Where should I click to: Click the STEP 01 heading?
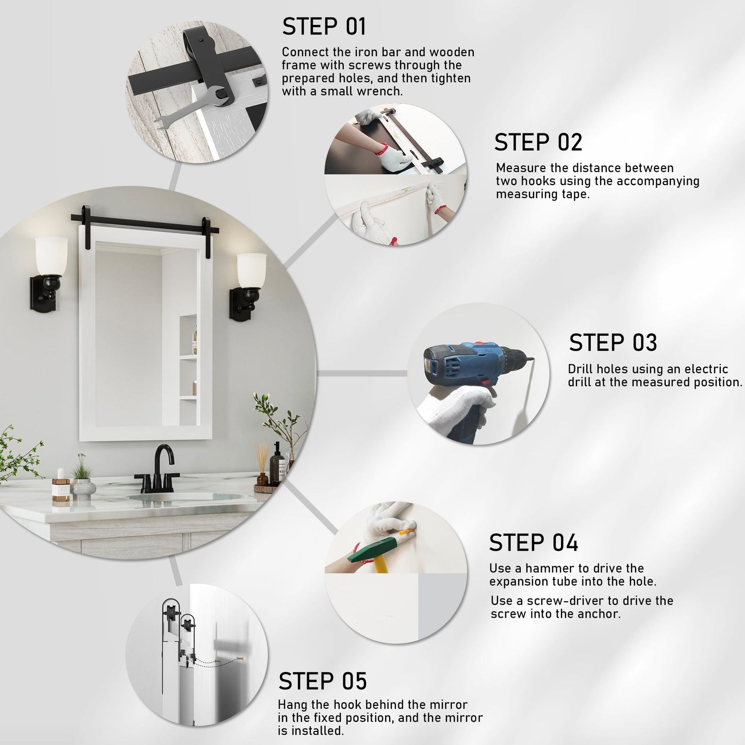pos(324,27)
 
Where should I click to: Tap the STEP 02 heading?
pos(538,142)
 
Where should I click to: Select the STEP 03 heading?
pos(613,342)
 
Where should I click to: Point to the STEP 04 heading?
pos(534,543)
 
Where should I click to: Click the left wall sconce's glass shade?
pos(51,256)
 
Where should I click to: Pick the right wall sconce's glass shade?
pos(251,270)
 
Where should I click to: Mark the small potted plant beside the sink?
pos(82,479)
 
